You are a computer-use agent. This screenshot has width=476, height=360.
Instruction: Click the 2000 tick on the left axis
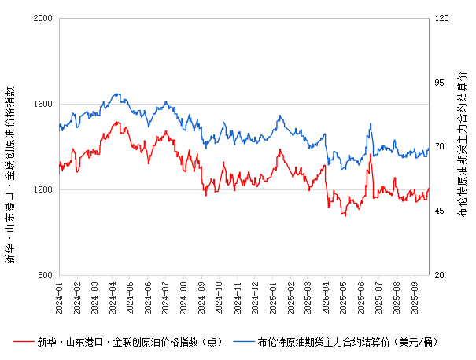[42, 18]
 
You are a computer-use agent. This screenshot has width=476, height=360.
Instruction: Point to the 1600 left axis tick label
[42, 104]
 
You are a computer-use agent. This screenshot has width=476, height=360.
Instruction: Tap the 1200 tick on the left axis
[42, 189]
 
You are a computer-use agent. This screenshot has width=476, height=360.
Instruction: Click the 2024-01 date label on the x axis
[59, 297]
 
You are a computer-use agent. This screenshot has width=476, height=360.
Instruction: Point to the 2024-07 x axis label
[166, 297]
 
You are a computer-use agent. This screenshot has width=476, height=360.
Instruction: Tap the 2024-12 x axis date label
[255, 297]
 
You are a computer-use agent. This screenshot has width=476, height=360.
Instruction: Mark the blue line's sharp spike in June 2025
[370, 123]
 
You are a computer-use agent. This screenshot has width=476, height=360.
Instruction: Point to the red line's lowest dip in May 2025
[343, 215]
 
